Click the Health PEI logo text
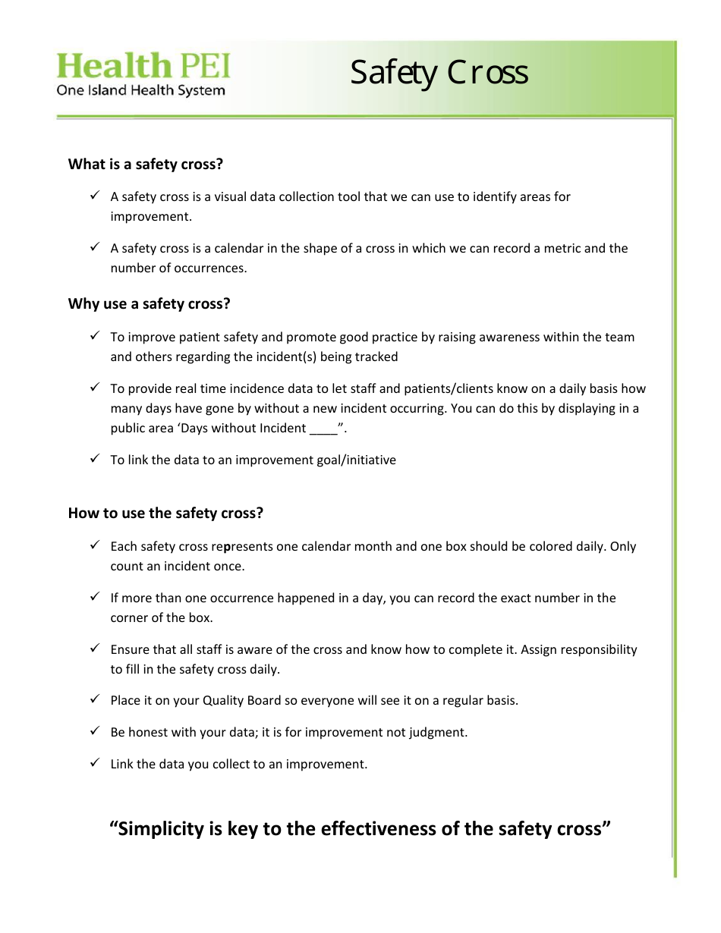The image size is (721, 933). (143, 66)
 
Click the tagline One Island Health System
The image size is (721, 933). (141, 90)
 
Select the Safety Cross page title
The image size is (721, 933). (439, 73)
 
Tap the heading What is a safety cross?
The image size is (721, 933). (146, 164)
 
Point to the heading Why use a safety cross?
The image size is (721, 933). (149, 303)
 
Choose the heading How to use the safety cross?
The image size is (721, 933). (165, 513)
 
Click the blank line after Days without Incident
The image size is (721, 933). (323, 429)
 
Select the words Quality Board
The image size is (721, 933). (242, 700)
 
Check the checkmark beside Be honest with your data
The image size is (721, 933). (95, 731)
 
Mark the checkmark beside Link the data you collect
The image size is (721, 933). (95, 763)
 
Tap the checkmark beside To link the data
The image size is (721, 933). (95, 459)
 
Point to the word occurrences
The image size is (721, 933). (209, 268)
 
